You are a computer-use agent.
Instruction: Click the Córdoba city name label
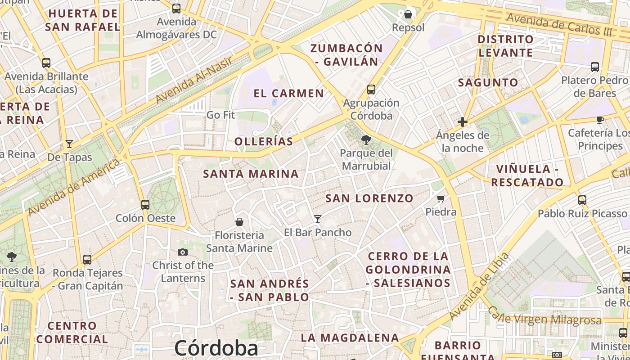click(216, 348)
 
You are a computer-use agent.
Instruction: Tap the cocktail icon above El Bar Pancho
click(318, 219)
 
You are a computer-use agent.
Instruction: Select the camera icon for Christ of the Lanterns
click(182, 252)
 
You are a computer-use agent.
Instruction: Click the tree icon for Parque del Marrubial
click(366, 140)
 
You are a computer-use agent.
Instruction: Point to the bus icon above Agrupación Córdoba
click(371, 90)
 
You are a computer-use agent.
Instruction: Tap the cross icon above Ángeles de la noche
click(462, 122)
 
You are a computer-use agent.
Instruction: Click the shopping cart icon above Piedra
click(441, 198)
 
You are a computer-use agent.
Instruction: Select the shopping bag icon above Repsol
click(408, 14)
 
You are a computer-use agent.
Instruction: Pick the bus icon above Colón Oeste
click(145, 205)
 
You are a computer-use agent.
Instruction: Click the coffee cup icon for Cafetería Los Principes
click(599, 120)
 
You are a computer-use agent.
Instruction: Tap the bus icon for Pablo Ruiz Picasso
click(582, 200)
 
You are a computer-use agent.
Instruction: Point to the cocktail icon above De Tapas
click(69, 144)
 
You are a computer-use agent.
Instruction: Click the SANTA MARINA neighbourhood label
click(251, 174)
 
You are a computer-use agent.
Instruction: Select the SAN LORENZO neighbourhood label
click(369, 198)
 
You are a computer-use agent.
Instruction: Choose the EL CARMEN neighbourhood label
click(288, 94)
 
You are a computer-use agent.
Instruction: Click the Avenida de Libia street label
click(480, 287)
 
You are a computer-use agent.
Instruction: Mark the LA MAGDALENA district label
click(350, 337)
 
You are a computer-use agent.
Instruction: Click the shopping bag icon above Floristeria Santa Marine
click(239, 222)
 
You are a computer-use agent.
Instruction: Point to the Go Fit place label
click(220, 115)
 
